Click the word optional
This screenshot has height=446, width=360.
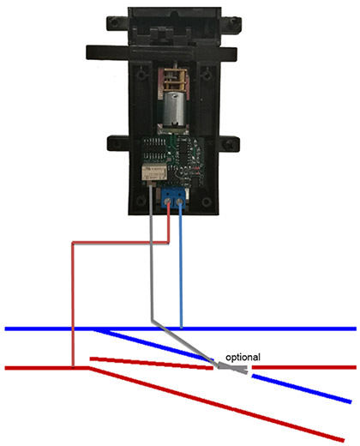tap(243, 357)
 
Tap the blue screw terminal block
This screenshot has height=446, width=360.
tap(173, 198)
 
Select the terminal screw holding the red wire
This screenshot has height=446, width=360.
tap(168, 202)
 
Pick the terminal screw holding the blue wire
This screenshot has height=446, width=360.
tap(180, 202)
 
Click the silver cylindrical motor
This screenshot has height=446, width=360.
tap(174, 109)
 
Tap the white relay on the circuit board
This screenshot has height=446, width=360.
tap(154, 172)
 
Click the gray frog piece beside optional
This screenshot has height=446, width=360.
tap(233, 368)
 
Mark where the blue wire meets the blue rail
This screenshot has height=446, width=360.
tap(181, 328)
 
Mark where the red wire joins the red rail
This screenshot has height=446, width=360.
tap(73, 367)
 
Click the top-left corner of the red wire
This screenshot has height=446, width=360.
tap(73, 244)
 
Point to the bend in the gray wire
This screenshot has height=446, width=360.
tap(152, 320)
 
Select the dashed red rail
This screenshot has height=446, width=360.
tap(152, 363)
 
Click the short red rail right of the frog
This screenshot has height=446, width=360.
tap(304, 367)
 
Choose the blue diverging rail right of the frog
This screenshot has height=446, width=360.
tap(302, 389)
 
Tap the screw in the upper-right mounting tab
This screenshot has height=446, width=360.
tap(235, 21)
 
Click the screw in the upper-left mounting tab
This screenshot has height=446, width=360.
tap(115, 21)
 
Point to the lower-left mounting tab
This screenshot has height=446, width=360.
tap(118, 143)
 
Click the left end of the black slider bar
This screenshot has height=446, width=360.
tap(87, 52)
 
